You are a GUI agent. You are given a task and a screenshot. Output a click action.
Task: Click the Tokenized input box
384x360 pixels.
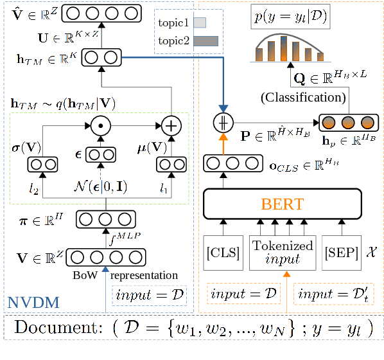click(283, 251)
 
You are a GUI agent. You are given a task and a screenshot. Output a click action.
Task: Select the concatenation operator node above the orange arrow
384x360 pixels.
click(224, 122)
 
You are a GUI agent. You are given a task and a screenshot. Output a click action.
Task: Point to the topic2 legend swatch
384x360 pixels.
click(205, 41)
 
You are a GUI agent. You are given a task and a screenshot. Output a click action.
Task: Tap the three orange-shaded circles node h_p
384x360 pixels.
click(349, 122)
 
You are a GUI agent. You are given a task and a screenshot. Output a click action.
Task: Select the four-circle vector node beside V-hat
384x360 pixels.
click(103, 12)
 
